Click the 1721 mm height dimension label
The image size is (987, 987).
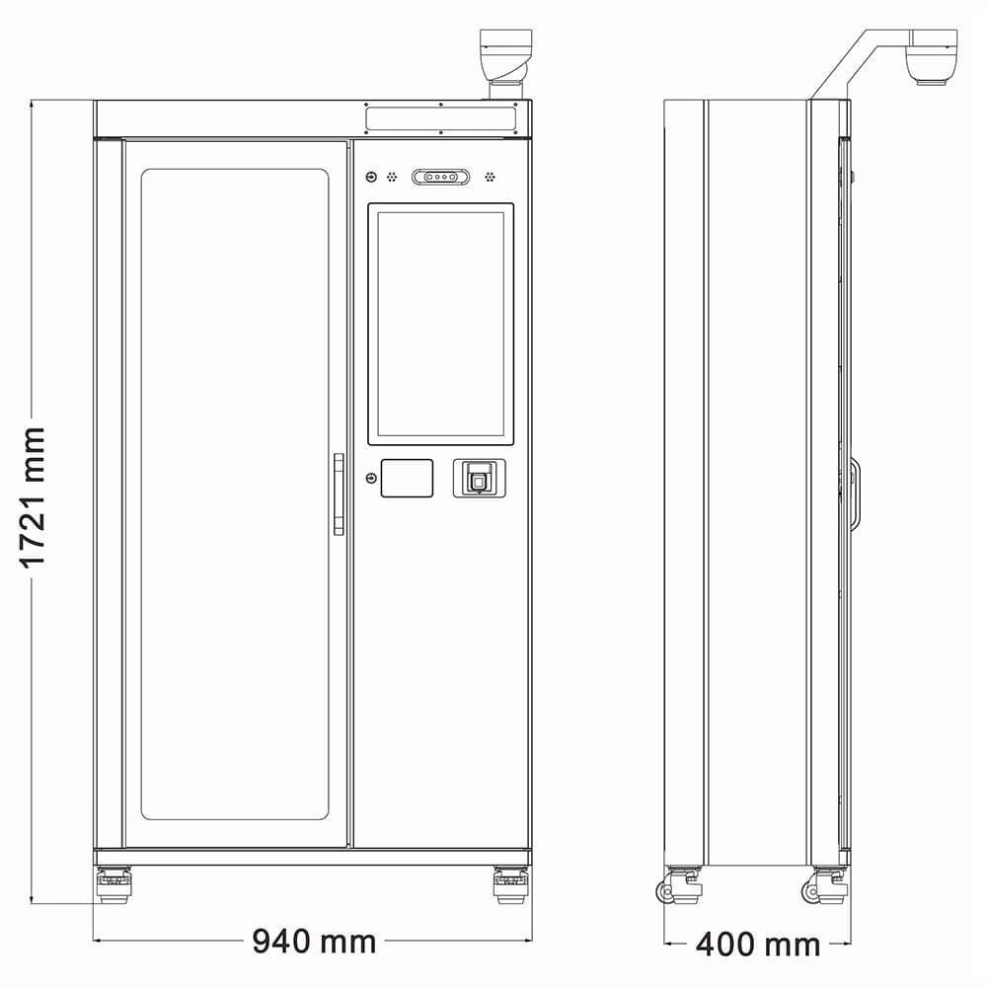(33, 497)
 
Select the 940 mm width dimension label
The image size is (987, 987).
(314, 941)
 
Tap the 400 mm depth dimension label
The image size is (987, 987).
(758, 945)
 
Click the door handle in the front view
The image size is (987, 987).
(339, 494)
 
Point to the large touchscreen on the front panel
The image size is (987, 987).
(440, 324)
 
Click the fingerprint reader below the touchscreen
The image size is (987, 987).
(480, 479)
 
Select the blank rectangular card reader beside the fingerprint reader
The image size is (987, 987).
(407, 479)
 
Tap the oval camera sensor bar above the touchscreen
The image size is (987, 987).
(440, 177)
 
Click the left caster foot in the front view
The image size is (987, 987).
(114, 884)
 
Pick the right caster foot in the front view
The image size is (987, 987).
(510, 884)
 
